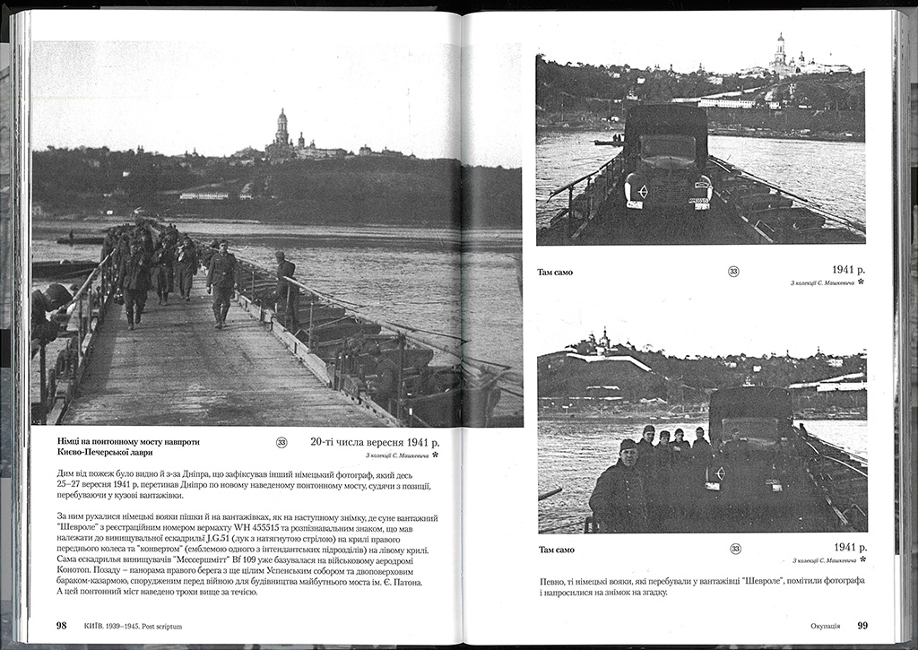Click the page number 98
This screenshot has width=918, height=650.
(61, 626)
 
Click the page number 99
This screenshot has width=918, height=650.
(862, 626)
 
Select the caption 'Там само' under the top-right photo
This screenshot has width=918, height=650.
(555, 271)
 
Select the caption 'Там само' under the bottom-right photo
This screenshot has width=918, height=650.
(556, 549)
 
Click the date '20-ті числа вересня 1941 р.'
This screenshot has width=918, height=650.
(376, 441)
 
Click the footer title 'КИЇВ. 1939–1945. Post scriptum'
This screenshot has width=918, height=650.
(132, 626)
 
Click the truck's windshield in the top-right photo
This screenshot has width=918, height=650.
(666, 147)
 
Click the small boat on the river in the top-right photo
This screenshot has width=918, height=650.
(607, 141)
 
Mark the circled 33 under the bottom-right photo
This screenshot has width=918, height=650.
(734, 548)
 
